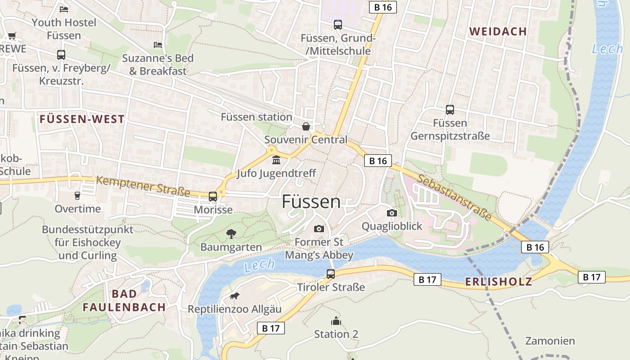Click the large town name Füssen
pos(311,202)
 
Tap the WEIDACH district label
pos(498,31)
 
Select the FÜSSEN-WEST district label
pos(82,119)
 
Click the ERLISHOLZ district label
pos(499,282)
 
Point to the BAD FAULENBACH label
pos(124,301)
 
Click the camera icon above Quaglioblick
pos(392,213)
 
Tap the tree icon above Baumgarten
pos(231,234)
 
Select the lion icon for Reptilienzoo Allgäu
pos(234,296)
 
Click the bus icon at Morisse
pos(213,197)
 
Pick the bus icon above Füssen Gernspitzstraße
pos(450,109)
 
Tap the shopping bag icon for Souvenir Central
pos(306,126)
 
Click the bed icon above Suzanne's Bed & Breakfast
pos(158,45)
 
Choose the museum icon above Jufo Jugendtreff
pos(276,160)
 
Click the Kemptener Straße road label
pos(143,186)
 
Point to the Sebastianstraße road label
pos(454,197)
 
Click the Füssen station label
pos(256,117)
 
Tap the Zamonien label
pos(550,341)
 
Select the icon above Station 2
pos(336,321)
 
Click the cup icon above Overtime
pos(77,196)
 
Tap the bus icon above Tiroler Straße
pos(331,274)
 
